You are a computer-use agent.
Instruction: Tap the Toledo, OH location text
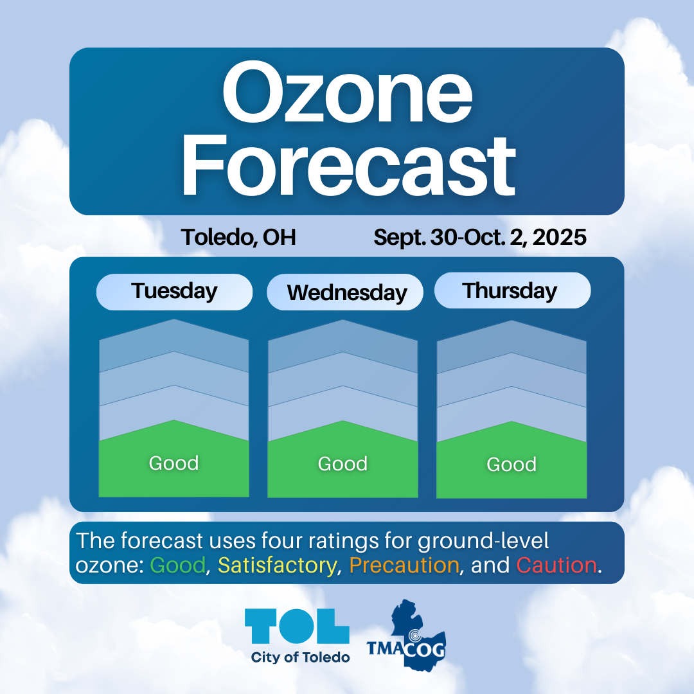(x=238, y=238)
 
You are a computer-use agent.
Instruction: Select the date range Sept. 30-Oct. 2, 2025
(x=480, y=238)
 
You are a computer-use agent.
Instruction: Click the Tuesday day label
(x=174, y=291)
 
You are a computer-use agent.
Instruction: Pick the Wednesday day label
(x=347, y=292)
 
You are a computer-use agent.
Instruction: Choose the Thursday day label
(x=510, y=291)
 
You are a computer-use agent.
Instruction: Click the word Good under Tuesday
(x=174, y=463)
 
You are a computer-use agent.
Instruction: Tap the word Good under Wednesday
(x=343, y=464)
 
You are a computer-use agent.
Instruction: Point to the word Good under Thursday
(x=512, y=465)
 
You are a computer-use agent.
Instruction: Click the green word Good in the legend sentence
(x=178, y=565)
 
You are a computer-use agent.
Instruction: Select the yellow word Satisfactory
(x=277, y=566)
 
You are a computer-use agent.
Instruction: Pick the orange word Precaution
(x=404, y=565)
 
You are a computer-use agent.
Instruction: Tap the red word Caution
(x=556, y=565)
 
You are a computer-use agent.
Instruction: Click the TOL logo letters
(x=297, y=626)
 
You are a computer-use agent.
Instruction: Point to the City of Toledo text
(x=300, y=657)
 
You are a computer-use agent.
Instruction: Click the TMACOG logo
(x=407, y=636)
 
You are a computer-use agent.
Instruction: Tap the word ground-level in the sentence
(x=483, y=541)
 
